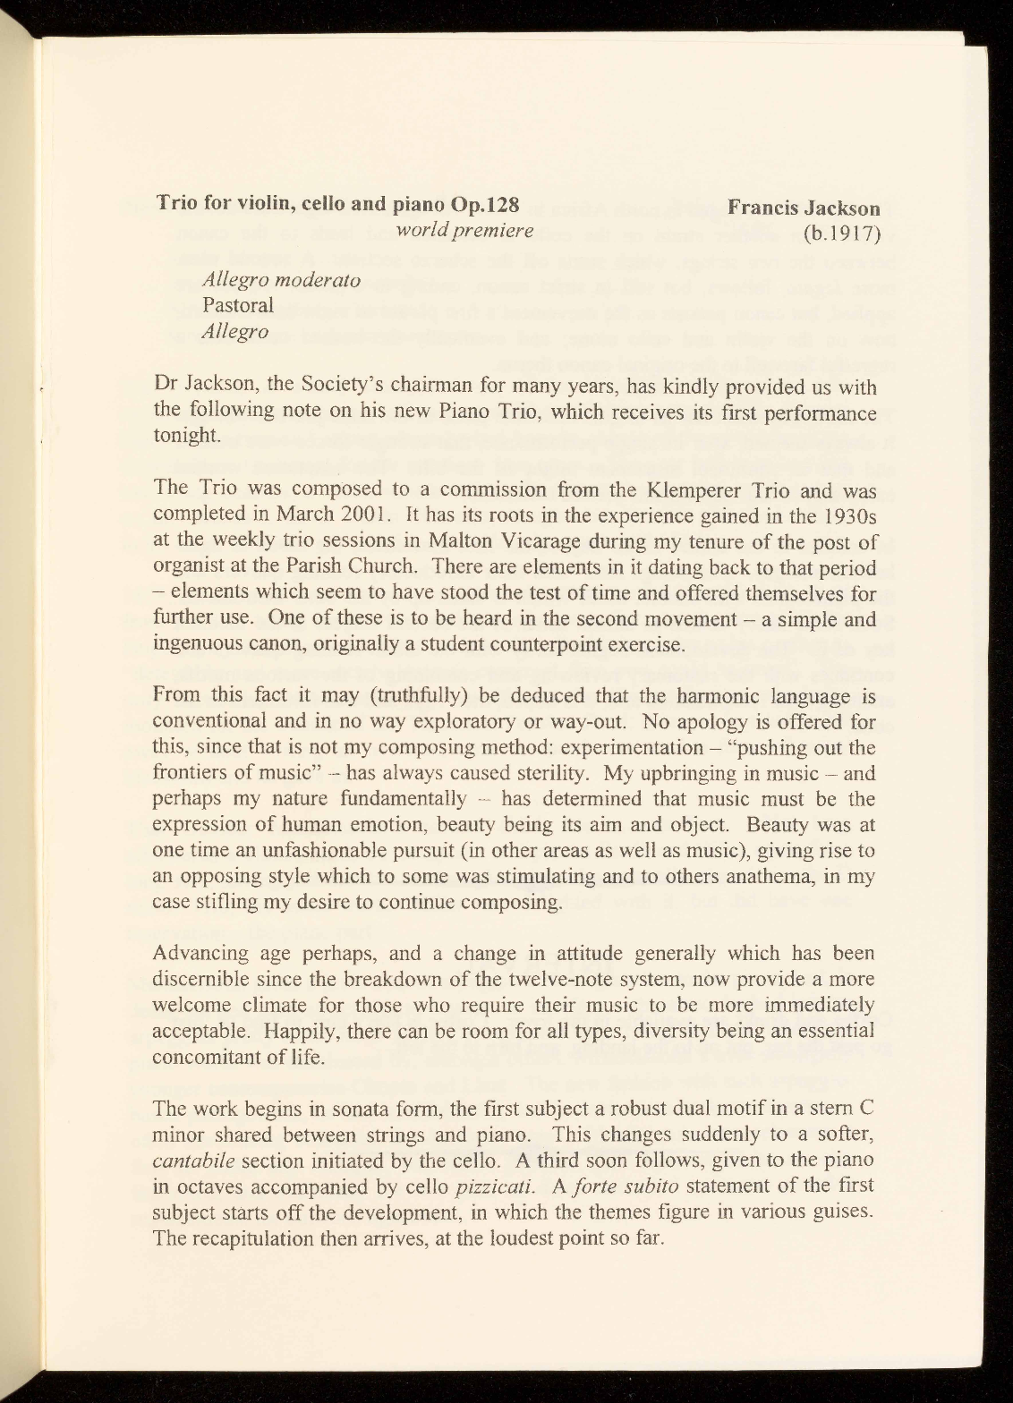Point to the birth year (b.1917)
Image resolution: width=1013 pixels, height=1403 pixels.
(841, 234)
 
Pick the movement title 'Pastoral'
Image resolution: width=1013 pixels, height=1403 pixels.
(238, 305)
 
